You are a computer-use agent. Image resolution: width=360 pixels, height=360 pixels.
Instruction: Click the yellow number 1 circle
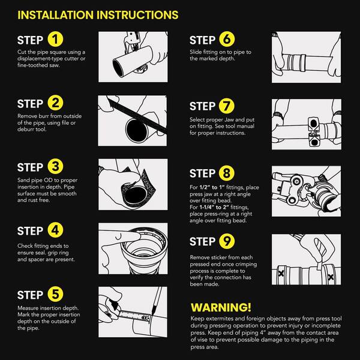point(55,39)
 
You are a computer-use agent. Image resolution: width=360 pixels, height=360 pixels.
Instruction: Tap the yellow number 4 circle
point(55,230)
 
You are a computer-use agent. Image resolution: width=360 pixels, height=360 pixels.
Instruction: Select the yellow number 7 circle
point(227,106)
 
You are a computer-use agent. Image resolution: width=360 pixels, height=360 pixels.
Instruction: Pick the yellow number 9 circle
point(227,241)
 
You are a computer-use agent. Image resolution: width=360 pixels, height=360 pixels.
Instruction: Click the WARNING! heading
point(221,307)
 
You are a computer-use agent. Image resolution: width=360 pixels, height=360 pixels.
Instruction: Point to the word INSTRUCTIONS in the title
point(137,15)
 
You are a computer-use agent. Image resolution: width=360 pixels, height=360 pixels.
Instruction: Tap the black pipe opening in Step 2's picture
point(137,130)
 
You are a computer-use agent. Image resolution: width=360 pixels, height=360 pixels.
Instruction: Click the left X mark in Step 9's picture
point(281,273)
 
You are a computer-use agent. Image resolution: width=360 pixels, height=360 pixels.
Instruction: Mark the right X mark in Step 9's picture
point(331,277)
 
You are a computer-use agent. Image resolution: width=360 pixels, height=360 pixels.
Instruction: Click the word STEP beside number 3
point(30,167)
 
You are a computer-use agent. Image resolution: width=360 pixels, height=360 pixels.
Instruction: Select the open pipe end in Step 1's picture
point(119,68)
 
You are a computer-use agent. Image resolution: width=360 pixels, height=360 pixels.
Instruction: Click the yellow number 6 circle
point(227,39)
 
